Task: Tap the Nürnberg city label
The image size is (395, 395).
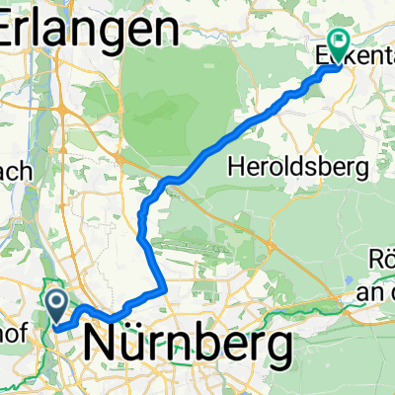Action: (189, 345)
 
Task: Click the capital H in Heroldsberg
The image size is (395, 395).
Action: (232, 163)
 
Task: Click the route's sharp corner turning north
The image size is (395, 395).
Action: (162, 290)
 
